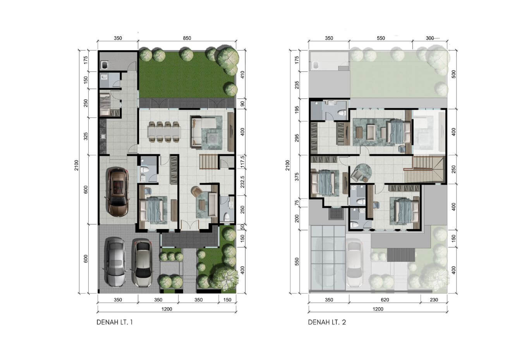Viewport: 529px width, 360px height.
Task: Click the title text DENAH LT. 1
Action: coord(115,322)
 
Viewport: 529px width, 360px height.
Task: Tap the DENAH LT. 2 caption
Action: coord(327,322)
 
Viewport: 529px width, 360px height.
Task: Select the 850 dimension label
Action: coord(187,38)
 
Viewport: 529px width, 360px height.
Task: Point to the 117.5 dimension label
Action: coord(242,162)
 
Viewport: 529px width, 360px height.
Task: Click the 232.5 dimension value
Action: coord(242,182)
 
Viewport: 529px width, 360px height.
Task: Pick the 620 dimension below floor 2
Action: coord(385,300)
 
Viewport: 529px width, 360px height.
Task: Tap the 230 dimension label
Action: coord(434,300)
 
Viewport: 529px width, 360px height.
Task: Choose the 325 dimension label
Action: coord(86,136)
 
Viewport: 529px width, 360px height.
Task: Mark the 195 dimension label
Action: coord(297,109)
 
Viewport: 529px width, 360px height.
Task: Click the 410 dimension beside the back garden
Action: coord(242,75)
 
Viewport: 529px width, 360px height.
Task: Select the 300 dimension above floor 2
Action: coord(430,38)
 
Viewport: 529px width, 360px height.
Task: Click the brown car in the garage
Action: coord(118,192)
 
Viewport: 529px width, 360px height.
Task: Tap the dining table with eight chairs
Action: coord(164,132)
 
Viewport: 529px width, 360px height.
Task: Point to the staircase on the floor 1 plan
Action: coord(208,162)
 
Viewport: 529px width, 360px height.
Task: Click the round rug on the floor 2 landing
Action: coord(364,173)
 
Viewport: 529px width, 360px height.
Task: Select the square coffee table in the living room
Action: coord(212,138)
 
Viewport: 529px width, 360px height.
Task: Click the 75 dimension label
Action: coord(297,203)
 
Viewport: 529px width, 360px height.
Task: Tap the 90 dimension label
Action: coord(242,104)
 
